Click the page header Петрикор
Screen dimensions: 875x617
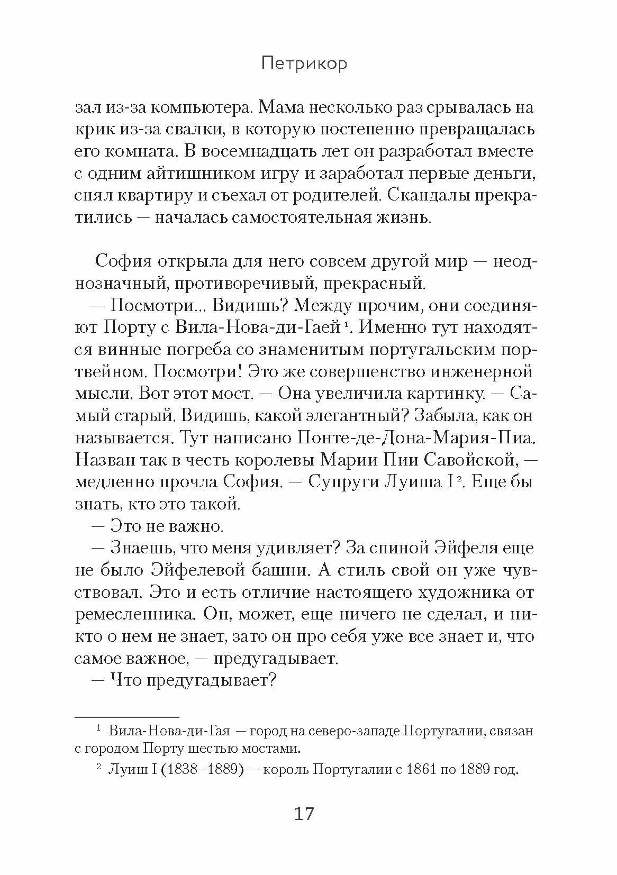click(x=304, y=64)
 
